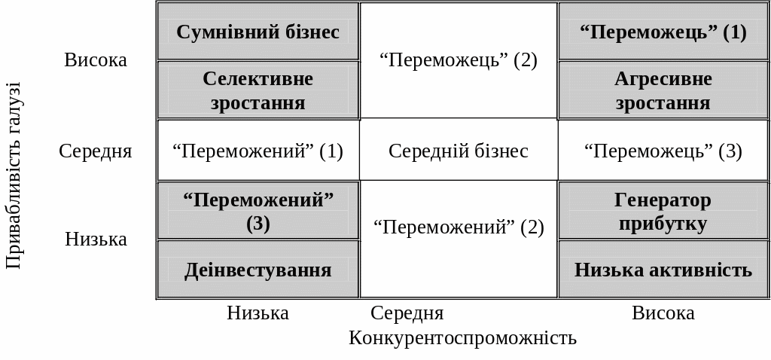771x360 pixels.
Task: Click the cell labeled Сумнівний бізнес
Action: click(258, 32)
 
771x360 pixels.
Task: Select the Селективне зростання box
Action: click(258, 90)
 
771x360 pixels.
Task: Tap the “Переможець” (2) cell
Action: click(458, 60)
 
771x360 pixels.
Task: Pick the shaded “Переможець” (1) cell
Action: click(663, 32)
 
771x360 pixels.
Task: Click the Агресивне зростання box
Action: click(663, 90)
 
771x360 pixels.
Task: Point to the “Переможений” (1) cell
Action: click(258, 151)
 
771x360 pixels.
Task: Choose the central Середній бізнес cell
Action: click(458, 151)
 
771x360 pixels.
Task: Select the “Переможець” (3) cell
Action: click(663, 151)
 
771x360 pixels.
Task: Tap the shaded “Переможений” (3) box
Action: click(258, 211)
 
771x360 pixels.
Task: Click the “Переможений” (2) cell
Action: click(458, 227)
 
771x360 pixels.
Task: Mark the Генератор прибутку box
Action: click(663, 211)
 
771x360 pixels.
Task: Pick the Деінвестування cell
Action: click(258, 270)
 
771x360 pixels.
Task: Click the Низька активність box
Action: click(663, 270)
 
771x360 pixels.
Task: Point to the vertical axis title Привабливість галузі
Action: click(14, 175)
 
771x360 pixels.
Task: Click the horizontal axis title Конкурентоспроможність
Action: click(462, 337)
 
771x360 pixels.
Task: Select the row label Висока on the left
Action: click(96, 59)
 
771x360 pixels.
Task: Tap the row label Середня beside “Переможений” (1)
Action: click(96, 151)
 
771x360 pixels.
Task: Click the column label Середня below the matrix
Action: click(407, 313)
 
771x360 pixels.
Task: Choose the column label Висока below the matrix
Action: click(663, 313)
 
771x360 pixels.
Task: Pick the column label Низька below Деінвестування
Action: click(258, 313)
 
